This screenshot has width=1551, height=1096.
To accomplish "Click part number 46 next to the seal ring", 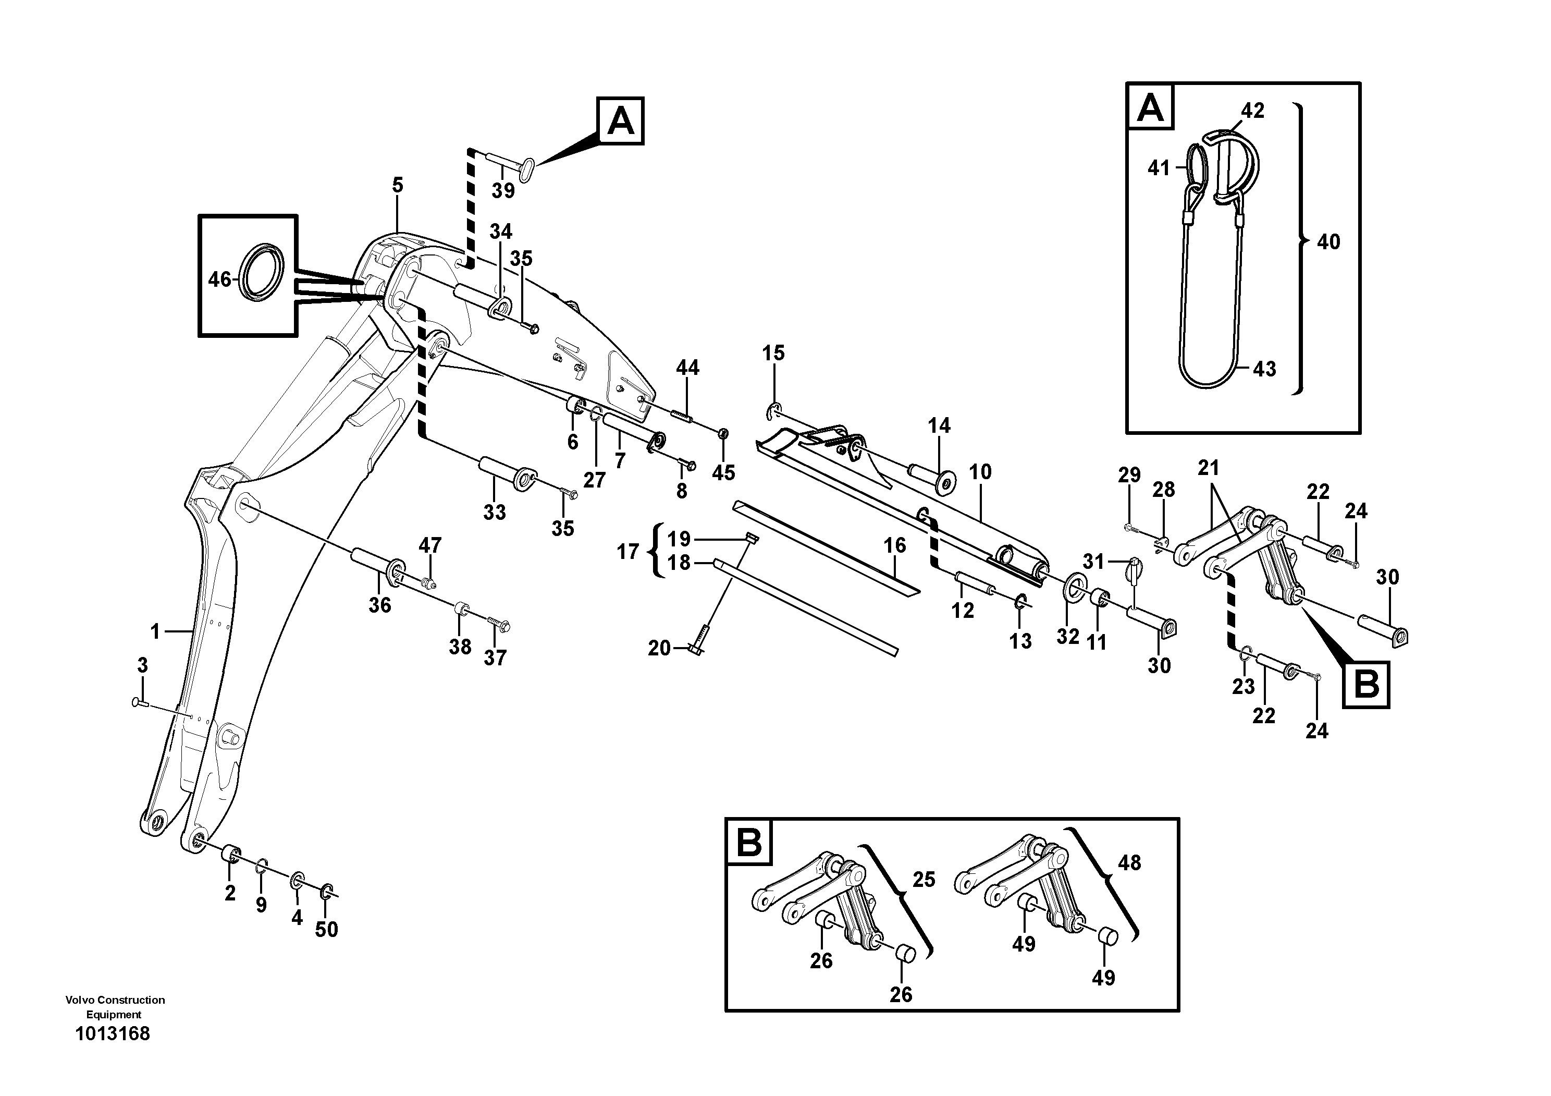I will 219,279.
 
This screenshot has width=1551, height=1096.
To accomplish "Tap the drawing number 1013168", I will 113,1034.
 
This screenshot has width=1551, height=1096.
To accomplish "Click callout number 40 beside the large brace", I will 1328,242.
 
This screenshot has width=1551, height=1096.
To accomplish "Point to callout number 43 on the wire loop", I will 1264,369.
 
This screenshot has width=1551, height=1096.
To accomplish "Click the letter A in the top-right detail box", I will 1150,107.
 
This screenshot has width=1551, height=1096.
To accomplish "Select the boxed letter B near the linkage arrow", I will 1367,685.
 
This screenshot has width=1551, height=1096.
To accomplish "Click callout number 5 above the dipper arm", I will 397,185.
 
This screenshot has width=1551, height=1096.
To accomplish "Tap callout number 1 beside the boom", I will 155,632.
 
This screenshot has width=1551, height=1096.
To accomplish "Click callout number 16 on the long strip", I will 894,545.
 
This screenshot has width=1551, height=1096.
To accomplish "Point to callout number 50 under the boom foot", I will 326,930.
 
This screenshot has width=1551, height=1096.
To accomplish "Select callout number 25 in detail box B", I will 924,880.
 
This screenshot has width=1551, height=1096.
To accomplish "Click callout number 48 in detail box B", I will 1129,863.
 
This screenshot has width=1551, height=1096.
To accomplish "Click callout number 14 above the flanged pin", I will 939,425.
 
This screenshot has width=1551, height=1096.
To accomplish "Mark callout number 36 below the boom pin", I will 379,605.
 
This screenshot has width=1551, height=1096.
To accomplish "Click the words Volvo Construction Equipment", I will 115,1007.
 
